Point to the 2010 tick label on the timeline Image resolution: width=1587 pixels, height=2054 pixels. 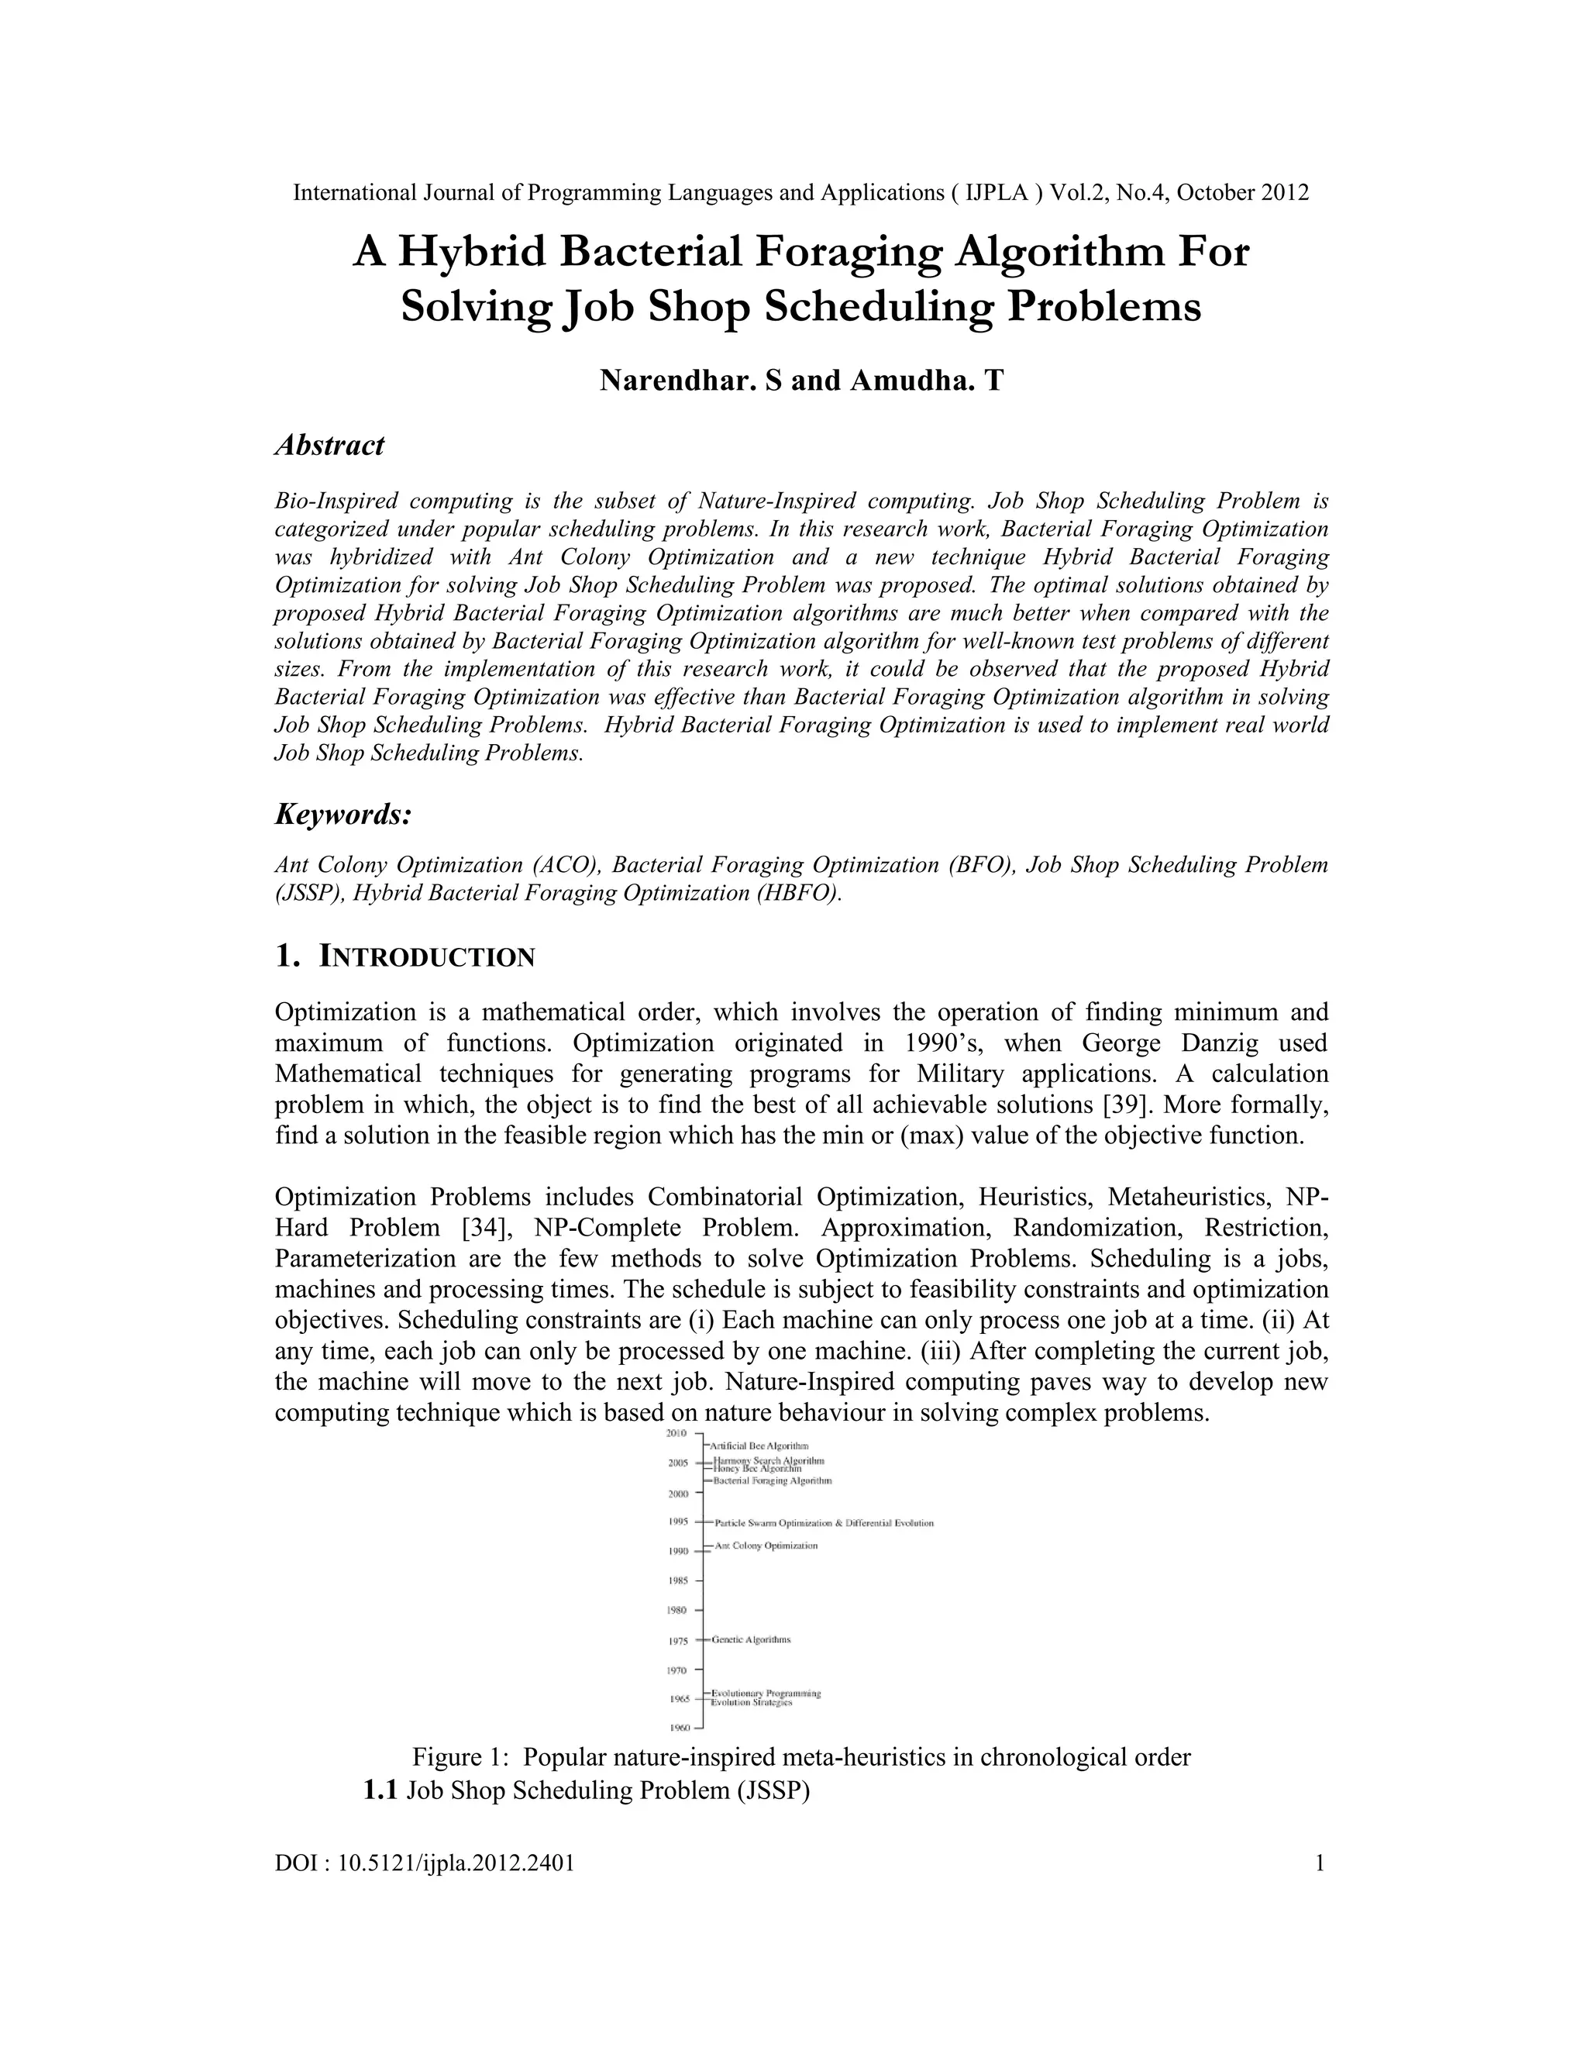[x=677, y=1433]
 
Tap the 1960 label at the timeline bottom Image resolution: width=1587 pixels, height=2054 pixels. [x=678, y=1728]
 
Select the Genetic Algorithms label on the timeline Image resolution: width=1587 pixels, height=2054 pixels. [x=751, y=1639]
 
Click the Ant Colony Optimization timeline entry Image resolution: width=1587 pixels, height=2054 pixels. [x=766, y=1546]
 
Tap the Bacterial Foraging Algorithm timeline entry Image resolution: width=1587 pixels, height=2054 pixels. [x=773, y=1480]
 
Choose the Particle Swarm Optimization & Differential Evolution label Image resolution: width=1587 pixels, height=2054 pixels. [x=824, y=1522]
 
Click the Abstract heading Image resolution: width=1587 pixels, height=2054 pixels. [x=329, y=445]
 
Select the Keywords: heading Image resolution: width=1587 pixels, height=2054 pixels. [x=343, y=815]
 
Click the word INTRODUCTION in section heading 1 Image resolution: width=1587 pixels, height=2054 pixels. [x=428, y=957]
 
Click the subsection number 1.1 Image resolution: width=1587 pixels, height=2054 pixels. [x=380, y=1790]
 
